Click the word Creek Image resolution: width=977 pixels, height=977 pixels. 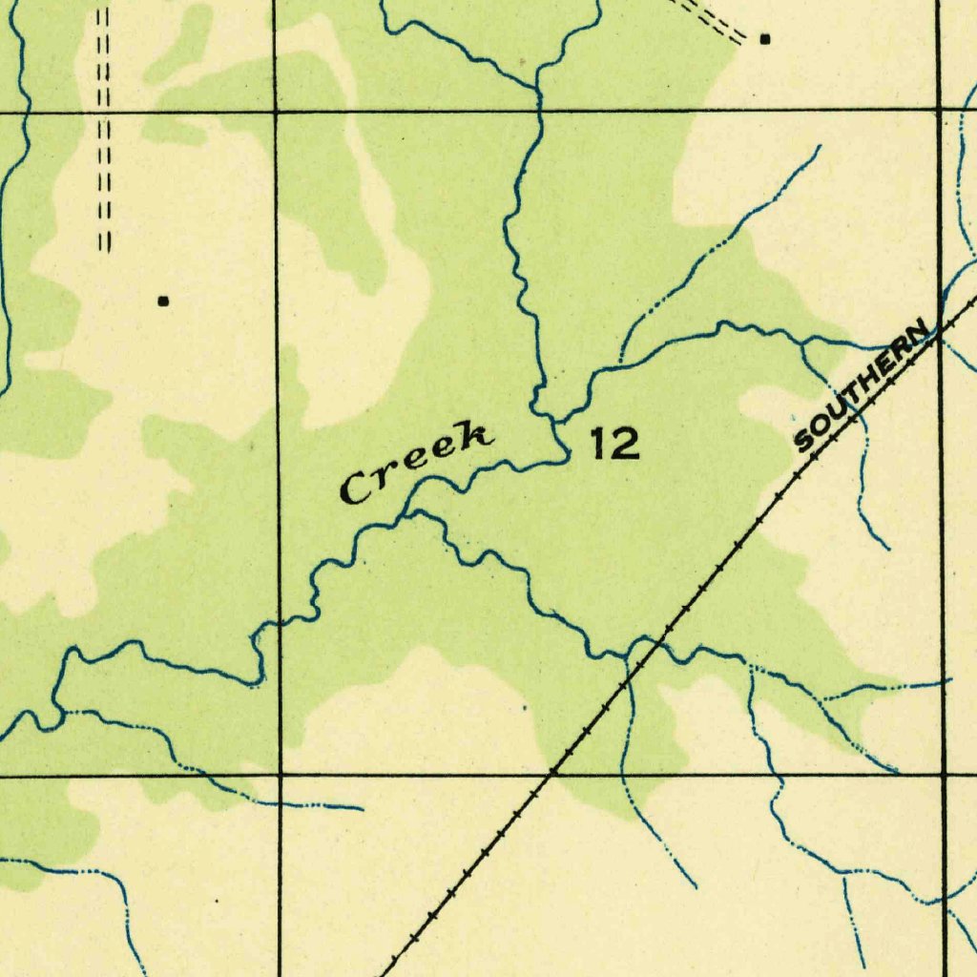tap(418, 462)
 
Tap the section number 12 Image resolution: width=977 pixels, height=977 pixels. tap(613, 444)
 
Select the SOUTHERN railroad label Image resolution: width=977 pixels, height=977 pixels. tap(863, 386)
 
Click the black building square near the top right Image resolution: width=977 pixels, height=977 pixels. tap(764, 39)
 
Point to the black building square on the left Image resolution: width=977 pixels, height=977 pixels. tap(163, 301)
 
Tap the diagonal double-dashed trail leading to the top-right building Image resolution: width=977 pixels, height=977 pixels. tap(711, 19)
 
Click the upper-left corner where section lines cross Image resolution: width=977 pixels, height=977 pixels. tap(276, 112)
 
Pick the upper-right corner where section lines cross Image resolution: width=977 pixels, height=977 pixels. tap(940, 110)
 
